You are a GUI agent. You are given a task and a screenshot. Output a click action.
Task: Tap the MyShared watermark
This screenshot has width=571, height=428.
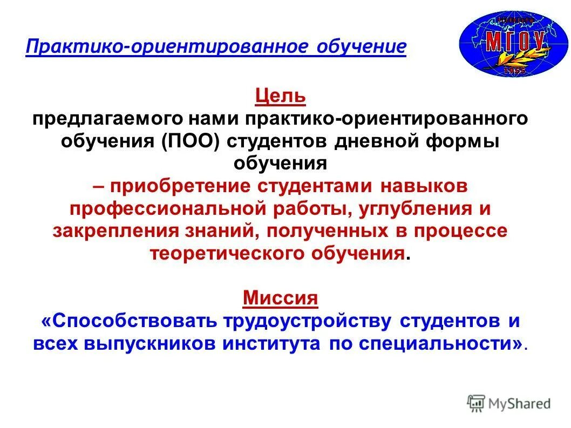tap(509, 403)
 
